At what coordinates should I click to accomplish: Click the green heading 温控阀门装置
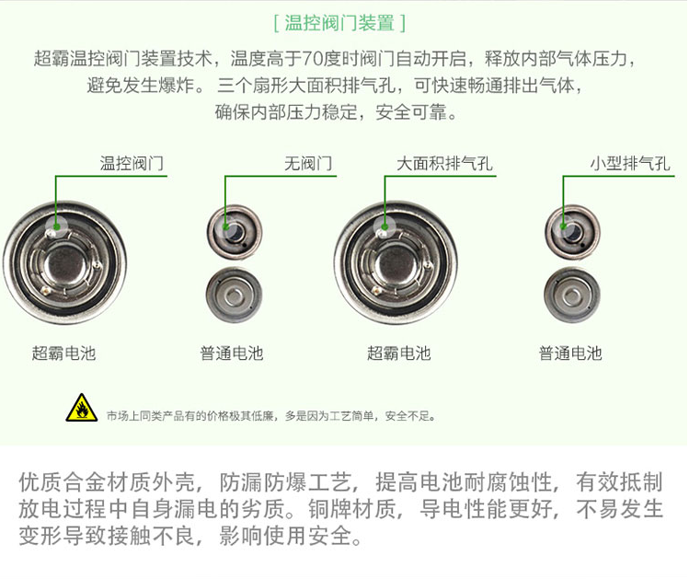(339, 22)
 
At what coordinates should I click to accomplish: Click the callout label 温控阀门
(132, 164)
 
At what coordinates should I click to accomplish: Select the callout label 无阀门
(308, 164)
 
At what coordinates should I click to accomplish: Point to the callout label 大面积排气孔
(444, 164)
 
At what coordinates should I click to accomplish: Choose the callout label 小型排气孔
(630, 164)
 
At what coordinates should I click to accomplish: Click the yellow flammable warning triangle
(82, 408)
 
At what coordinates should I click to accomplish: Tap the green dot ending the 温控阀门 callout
(56, 226)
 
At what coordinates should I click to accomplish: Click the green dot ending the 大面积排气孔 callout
(385, 226)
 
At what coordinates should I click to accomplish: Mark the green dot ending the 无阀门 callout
(225, 226)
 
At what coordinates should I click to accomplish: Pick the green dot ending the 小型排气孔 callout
(563, 226)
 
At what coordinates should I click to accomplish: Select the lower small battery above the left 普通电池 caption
(235, 295)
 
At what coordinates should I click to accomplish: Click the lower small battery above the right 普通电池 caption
(572, 295)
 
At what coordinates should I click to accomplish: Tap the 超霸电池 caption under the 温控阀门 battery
(63, 353)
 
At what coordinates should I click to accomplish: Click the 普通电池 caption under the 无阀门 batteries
(232, 353)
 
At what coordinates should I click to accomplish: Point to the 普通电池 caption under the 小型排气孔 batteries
(570, 353)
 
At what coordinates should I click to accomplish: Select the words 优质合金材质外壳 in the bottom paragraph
(107, 482)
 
